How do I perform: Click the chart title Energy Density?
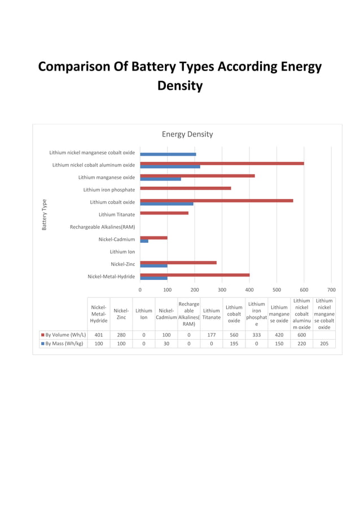pyautogui.click(x=187, y=134)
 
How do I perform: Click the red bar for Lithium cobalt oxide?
pyautogui.click(x=216, y=200)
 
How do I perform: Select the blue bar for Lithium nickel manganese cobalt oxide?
pyautogui.click(x=168, y=154)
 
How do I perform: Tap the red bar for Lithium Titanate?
pyautogui.click(x=164, y=213)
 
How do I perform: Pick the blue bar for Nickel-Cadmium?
pyautogui.click(x=144, y=241)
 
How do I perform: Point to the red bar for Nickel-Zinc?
pyautogui.click(x=178, y=262)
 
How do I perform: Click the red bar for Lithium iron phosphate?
pyautogui.click(x=185, y=188)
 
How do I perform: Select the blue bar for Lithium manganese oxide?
pyautogui.click(x=160, y=179)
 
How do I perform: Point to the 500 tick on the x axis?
pyautogui.click(x=276, y=289)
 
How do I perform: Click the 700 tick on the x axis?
pyautogui.click(x=331, y=289)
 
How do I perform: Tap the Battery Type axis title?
pyautogui.click(x=44, y=214)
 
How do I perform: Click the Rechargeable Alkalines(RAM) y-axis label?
pyautogui.click(x=102, y=227)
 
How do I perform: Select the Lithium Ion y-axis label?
pyautogui.click(x=122, y=252)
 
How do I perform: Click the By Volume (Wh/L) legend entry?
pyautogui.click(x=63, y=335)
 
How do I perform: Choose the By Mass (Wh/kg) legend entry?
pyautogui.click(x=63, y=343)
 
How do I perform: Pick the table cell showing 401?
pyautogui.click(x=99, y=335)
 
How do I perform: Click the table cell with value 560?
pyautogui.click(x=234, y=335)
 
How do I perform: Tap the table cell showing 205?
pyautogui.click(x=324, y=343)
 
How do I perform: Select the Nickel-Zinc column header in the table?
pyautogui.click(x=121, y=314)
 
